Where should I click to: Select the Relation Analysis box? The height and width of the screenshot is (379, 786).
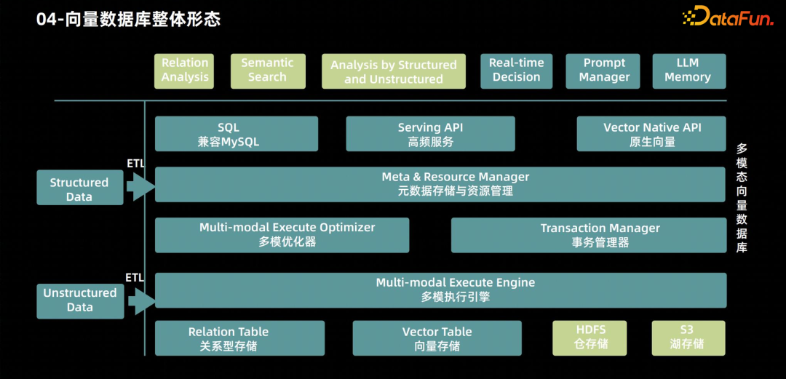[185, 71]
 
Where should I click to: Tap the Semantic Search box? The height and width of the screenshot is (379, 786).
[267, 71]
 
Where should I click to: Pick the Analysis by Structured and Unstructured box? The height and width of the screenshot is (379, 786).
[394, 71]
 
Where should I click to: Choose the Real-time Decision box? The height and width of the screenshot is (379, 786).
[516, 71]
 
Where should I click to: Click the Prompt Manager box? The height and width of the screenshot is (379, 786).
[604, 71]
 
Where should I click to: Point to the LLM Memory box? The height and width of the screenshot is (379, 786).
[688, 71]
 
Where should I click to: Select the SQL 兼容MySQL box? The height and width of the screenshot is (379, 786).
[237, 135]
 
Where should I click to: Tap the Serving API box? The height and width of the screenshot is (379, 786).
[430, 135]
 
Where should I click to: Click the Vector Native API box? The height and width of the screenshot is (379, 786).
[651, 135]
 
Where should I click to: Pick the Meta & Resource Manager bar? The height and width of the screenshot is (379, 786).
[440, 184]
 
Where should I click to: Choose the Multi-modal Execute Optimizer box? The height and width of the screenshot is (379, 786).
[282, 235]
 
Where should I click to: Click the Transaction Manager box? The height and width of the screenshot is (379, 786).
[589, 235]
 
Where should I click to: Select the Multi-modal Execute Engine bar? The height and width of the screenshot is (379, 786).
[440, 290]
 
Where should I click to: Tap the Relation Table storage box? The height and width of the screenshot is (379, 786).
[239, 338]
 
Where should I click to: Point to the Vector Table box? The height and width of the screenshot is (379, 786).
[437, 338]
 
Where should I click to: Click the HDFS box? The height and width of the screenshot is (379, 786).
[589, 338]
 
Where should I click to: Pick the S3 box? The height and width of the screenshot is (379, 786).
[688, 338]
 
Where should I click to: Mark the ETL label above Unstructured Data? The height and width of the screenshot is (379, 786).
[135, 278]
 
